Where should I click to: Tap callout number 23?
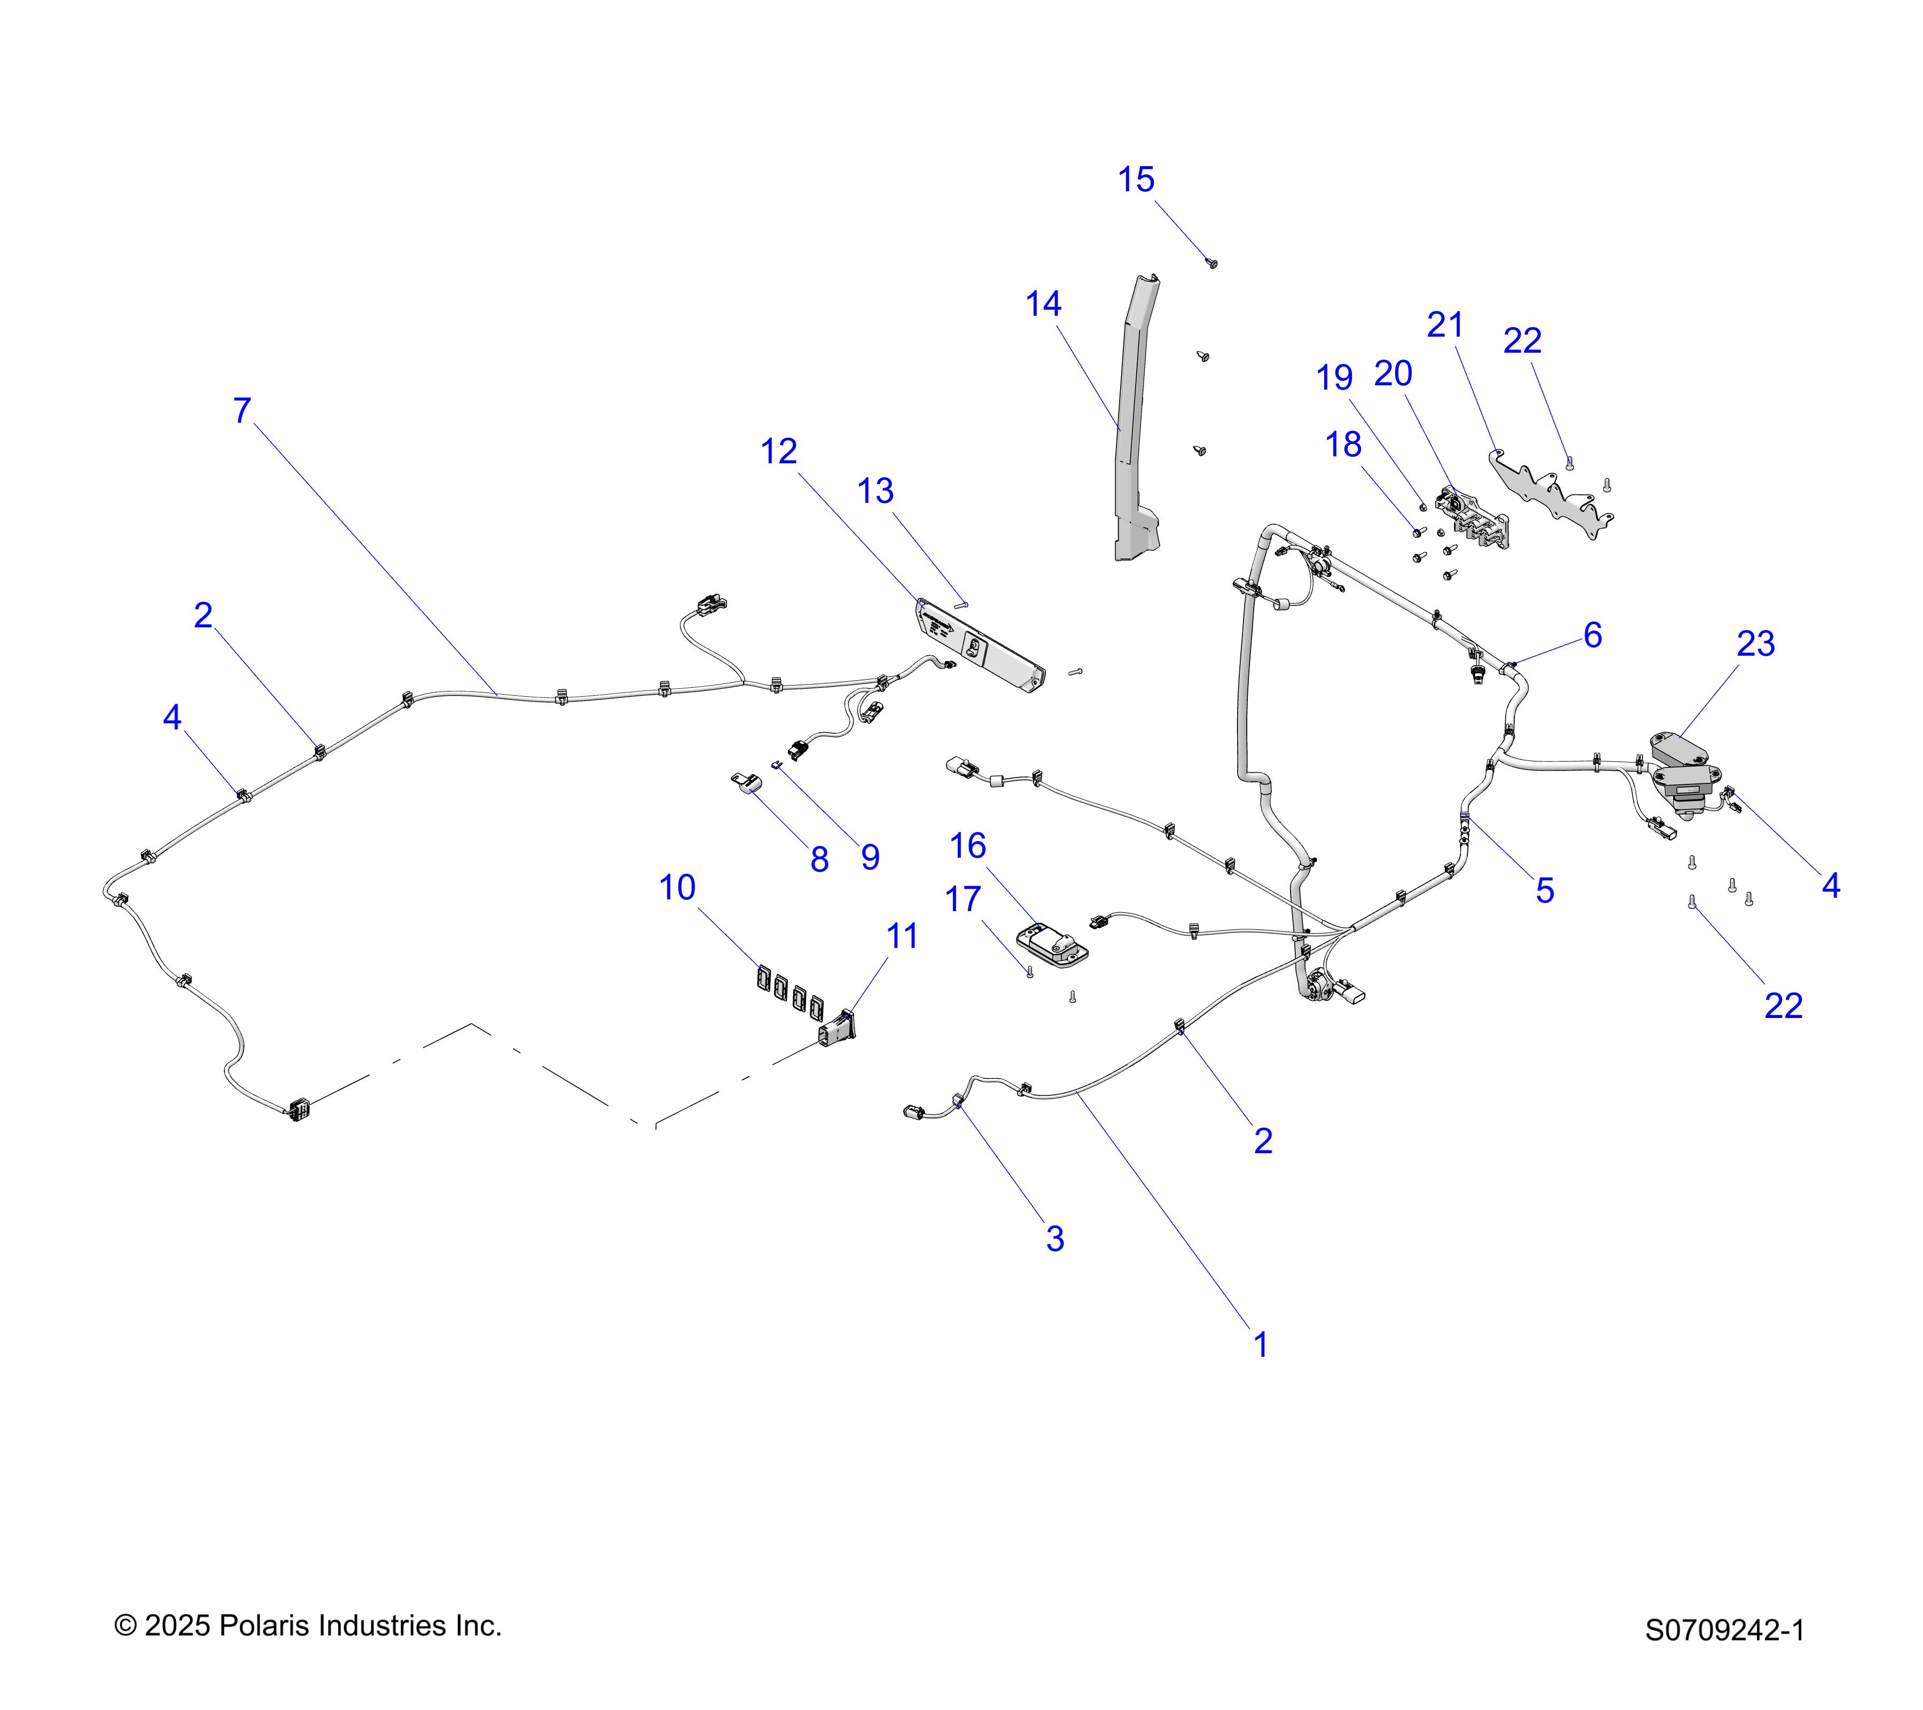point(1755,644)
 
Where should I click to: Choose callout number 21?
point(1445,325)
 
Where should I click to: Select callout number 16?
point(968,846)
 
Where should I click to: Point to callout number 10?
point(677,888)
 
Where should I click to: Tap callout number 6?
point(1593,635)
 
